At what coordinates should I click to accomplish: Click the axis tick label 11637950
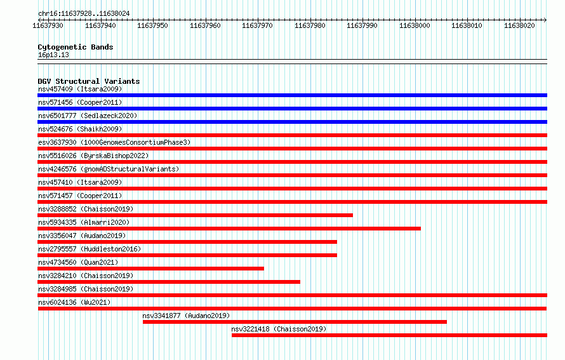pyautogui.click(x=152, y=25)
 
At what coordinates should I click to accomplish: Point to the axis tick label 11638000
pyautogui.click(x=415, y=25)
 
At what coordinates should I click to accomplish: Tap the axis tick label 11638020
pyautogui.click(x=519, y=25)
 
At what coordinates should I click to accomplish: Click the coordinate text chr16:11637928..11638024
pyautogui.click(x=84, y=14)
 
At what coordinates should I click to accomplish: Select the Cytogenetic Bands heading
pyautogui.click(x=76, y=47)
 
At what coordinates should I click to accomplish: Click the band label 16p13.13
pyautogui.click(x=53, y=55)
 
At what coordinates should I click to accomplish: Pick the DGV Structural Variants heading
pyautogui.click(x=89, y=81)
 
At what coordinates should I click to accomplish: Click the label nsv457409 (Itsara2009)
pyautogui.click(x=80, y=89)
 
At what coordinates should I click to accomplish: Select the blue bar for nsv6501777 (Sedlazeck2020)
pyautogui.click(x=292, y=122)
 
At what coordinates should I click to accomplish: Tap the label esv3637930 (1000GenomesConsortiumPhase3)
pyautogui.click(x=114, y=142)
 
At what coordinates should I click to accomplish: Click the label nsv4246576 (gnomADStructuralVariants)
pyautogui.click(x=109, y=169)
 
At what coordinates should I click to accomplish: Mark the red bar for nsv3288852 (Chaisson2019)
pyautogui.click(x=195, y=215)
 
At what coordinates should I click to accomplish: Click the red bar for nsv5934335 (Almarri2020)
pyautogui.click(x=229, y=229)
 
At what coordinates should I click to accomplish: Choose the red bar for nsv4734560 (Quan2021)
pyautogui.click(x=150, y=269)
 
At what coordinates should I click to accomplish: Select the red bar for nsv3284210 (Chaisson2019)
pyautogui.click(x=169, y=282)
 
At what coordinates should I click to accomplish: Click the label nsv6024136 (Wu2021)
pyautogui.click(x=74, y=302)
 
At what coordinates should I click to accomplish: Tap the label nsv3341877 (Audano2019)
pyautogui.click(x=186, y=316)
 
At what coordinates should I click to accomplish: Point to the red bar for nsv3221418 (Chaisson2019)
pyautogui.click(x=389, y=335)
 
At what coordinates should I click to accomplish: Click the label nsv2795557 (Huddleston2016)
pyautogui.click(x=90, y=249)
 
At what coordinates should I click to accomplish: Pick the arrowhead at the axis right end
pyautogui.click(x=546, y=20)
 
